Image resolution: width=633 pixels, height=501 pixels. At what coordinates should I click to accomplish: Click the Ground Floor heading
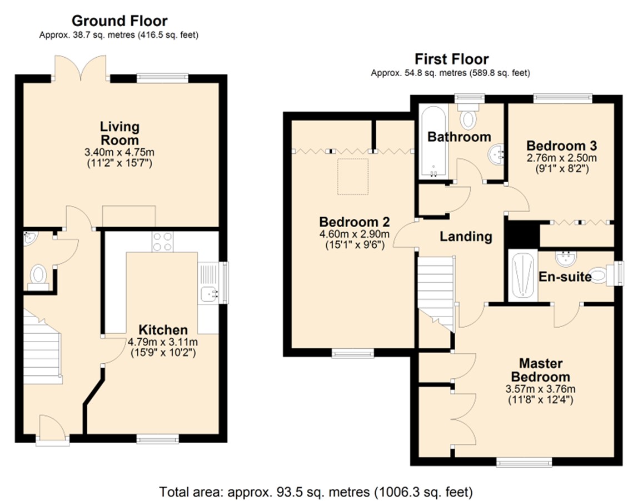(119, 21)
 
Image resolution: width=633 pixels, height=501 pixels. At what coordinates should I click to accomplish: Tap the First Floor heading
(452, 59)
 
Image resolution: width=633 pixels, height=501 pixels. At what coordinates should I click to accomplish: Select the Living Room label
(119, 133)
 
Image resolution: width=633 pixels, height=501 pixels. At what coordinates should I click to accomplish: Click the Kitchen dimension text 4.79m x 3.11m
(163, 343)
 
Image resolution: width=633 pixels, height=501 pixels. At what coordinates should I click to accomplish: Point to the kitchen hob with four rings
(163, 242)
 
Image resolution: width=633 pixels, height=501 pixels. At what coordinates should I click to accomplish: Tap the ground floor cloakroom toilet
(38, 276)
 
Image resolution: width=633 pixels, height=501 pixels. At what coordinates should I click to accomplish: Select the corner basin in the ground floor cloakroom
(29, 238)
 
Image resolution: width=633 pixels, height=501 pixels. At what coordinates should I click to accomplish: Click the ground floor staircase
(42, 346)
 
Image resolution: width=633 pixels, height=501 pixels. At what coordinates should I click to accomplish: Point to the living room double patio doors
(81, 68)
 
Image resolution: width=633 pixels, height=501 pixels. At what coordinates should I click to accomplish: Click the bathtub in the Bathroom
(433, 142)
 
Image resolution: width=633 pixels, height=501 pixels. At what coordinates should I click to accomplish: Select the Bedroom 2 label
(355, 222)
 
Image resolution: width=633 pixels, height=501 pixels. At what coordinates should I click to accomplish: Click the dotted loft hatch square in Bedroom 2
(353, 177)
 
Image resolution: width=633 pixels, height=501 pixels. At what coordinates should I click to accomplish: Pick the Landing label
(466, 237)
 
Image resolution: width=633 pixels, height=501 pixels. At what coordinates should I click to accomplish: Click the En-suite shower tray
(522, 275)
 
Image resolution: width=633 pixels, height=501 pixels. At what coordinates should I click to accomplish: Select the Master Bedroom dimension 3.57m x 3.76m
(540, 389)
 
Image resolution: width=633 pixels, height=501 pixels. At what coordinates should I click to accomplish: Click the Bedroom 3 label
(561, 146)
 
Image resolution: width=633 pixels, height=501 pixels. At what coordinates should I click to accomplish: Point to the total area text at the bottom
(316, 492)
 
